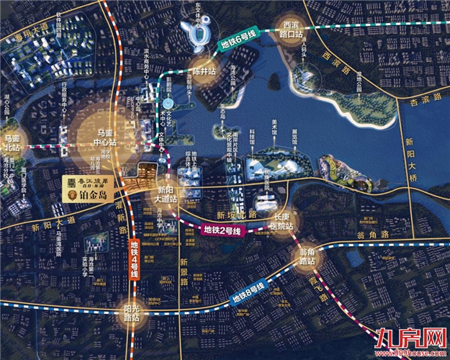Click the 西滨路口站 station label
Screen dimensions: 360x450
pyautogui.click(x=294, y=28)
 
